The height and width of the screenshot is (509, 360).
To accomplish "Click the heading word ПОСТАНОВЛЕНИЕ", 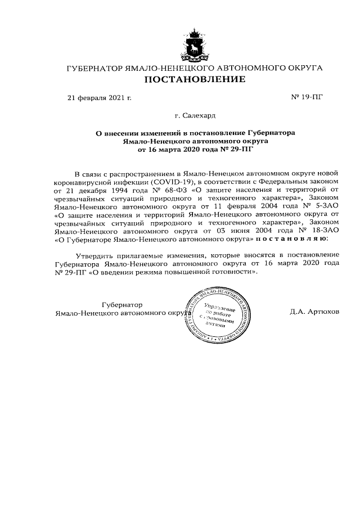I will [x=195, y=79].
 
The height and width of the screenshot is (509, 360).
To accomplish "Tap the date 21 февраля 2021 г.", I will [x=99, y=98].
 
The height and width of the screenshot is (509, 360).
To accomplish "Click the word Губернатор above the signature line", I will [x=122, y=304].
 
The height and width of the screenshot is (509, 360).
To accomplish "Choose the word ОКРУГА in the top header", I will [x=303, y=68].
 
